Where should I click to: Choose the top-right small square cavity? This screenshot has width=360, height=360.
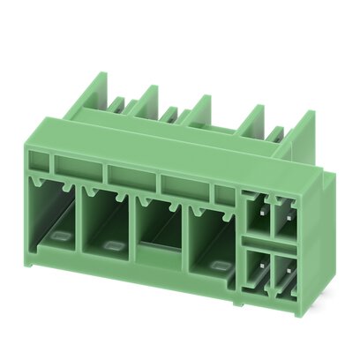click(x=285, y=218)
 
